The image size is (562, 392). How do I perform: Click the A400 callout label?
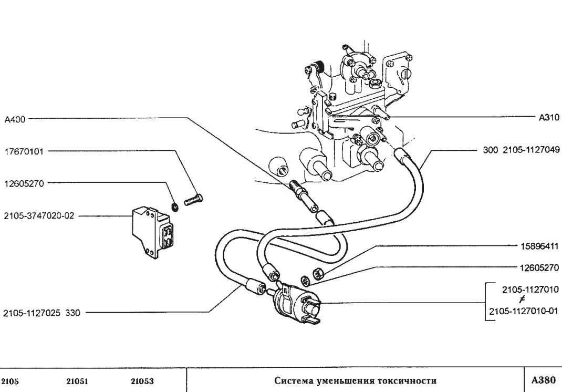[15, 120]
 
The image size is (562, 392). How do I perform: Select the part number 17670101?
[24, 151]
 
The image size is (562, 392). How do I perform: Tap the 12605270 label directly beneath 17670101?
[24, 183]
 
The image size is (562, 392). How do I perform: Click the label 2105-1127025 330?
[41, 313]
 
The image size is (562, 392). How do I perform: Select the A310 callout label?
[549, 118]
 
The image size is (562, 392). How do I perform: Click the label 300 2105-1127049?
[521, 150]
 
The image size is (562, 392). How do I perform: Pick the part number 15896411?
[539, 245]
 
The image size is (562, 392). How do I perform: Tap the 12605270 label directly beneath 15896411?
[539, 267]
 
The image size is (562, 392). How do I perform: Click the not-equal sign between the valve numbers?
[520, 300]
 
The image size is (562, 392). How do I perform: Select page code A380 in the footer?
[543, 380]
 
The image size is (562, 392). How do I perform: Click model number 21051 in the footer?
[77, 381]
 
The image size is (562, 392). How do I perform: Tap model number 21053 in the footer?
[142, 381]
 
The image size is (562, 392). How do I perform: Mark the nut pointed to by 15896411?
[318, 273]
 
